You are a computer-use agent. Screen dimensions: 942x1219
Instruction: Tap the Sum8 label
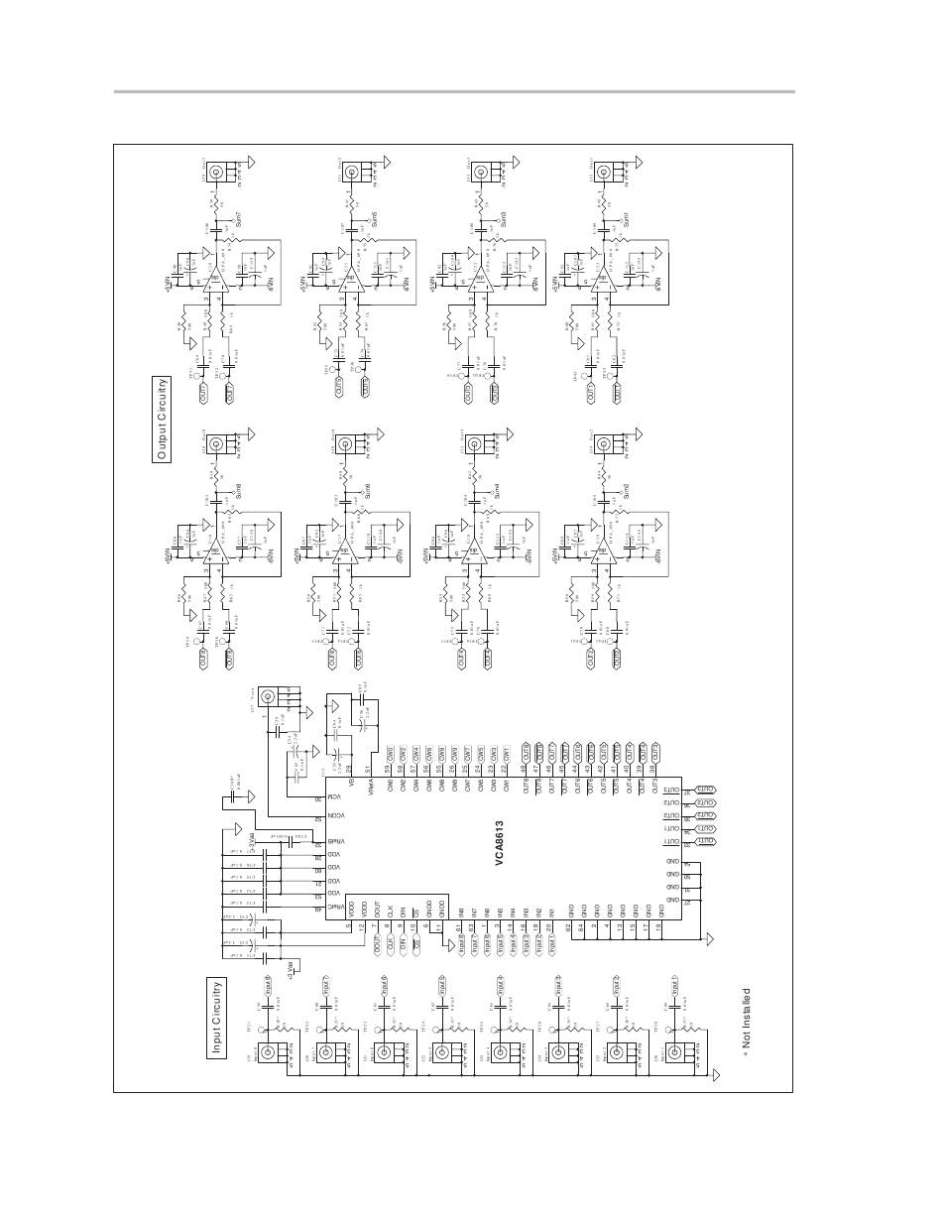[238, 489]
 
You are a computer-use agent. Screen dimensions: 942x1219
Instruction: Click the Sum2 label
[627, 489]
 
